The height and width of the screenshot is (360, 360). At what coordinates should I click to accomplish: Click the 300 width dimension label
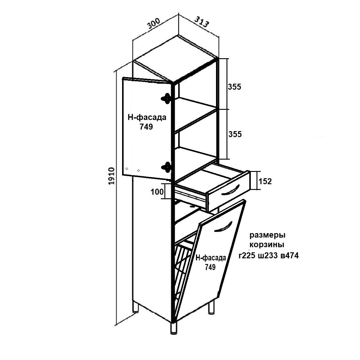(154, 24)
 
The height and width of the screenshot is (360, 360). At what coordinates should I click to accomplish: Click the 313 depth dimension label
(202, 22)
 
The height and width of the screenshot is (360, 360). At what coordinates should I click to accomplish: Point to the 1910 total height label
(111, 176)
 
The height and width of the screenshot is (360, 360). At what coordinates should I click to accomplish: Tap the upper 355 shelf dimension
(235, 87)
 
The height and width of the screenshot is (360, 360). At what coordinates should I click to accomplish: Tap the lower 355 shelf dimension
(235, 134)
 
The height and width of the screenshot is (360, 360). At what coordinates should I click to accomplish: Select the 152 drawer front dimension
(265, 181)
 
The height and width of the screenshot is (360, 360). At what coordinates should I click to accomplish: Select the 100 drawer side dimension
(157, 192)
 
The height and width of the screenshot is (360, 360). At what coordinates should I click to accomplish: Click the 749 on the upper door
(146, 127)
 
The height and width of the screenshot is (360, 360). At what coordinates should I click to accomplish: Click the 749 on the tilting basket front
(210, 267)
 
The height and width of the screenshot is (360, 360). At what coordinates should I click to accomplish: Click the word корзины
(267, 244)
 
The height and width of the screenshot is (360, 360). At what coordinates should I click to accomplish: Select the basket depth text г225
(247, 255)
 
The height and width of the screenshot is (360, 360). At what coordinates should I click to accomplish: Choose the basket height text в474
(290, 255)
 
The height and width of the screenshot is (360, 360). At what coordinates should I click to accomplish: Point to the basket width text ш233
(268, 255)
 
